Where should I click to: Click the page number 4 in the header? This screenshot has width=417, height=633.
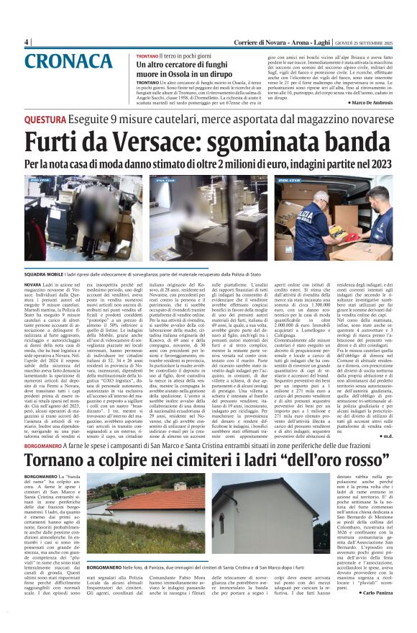pos(27,42)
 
